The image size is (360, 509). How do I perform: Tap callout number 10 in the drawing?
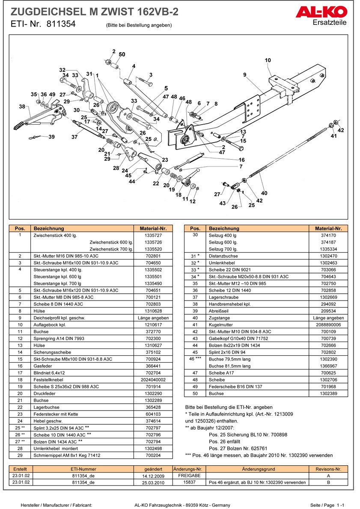268,60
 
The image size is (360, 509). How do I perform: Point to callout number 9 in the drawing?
245,75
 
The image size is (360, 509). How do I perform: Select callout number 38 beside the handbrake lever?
22,106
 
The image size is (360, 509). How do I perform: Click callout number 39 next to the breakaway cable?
51,137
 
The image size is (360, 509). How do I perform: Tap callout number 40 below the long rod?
264,193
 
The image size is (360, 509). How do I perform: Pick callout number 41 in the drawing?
333,136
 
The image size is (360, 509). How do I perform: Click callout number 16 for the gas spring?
242,160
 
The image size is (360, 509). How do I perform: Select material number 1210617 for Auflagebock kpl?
153,325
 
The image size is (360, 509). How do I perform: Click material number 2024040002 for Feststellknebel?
153,380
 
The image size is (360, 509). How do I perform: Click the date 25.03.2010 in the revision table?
153,482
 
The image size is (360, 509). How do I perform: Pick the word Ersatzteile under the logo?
330,23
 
